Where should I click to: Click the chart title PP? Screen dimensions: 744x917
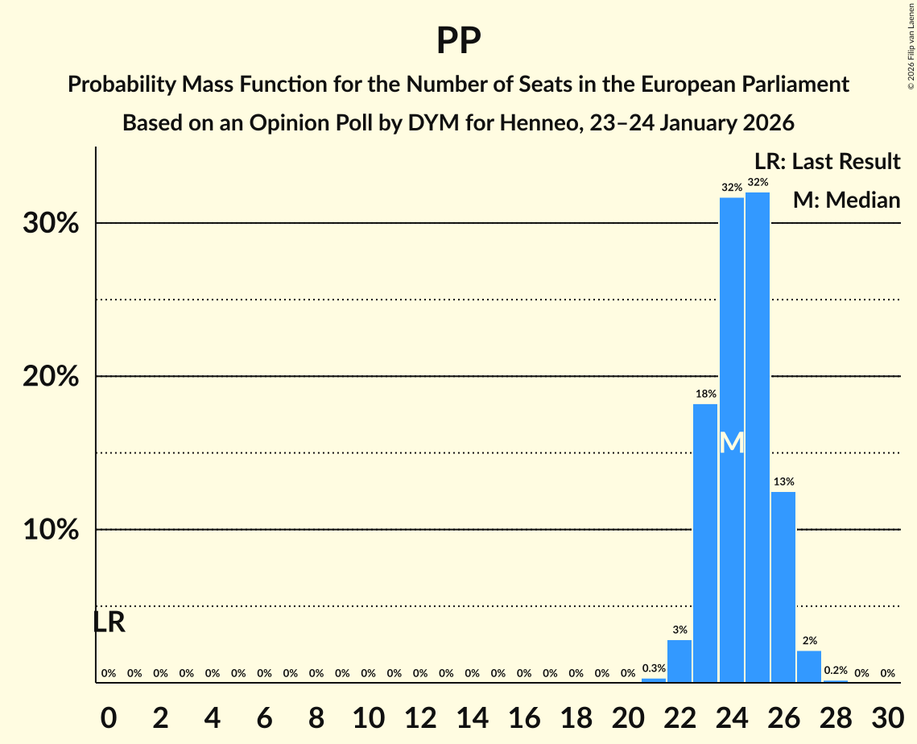458,40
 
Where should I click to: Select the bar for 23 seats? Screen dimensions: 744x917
705,543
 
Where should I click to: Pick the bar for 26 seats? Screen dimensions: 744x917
783,587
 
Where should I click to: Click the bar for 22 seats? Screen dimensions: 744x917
679,661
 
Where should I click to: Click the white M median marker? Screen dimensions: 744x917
732,443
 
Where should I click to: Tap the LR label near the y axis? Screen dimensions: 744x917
109,622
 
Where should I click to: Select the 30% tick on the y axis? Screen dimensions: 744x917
51,223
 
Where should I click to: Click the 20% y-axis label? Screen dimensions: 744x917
51,377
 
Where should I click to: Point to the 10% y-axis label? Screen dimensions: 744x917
51,530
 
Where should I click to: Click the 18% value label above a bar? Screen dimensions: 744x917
705,394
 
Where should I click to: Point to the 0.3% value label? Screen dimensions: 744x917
654,668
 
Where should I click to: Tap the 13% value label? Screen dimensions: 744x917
783,482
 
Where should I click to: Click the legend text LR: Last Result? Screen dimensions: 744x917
828,162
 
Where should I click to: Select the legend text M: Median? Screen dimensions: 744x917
846,200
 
